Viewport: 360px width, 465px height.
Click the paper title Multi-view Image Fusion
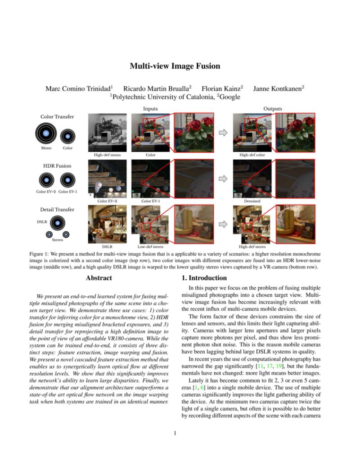point(175,66)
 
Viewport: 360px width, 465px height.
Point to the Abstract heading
point(99,278)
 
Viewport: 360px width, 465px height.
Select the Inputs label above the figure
point(151,108)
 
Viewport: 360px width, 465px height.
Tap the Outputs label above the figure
point(273,108)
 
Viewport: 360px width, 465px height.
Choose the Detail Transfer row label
point(57,210)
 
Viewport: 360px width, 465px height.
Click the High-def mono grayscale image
point(107,132)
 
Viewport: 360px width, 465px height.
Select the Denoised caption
point(252,201)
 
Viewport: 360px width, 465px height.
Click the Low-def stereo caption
point(150,247)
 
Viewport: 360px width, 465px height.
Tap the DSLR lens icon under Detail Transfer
point(57,223)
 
